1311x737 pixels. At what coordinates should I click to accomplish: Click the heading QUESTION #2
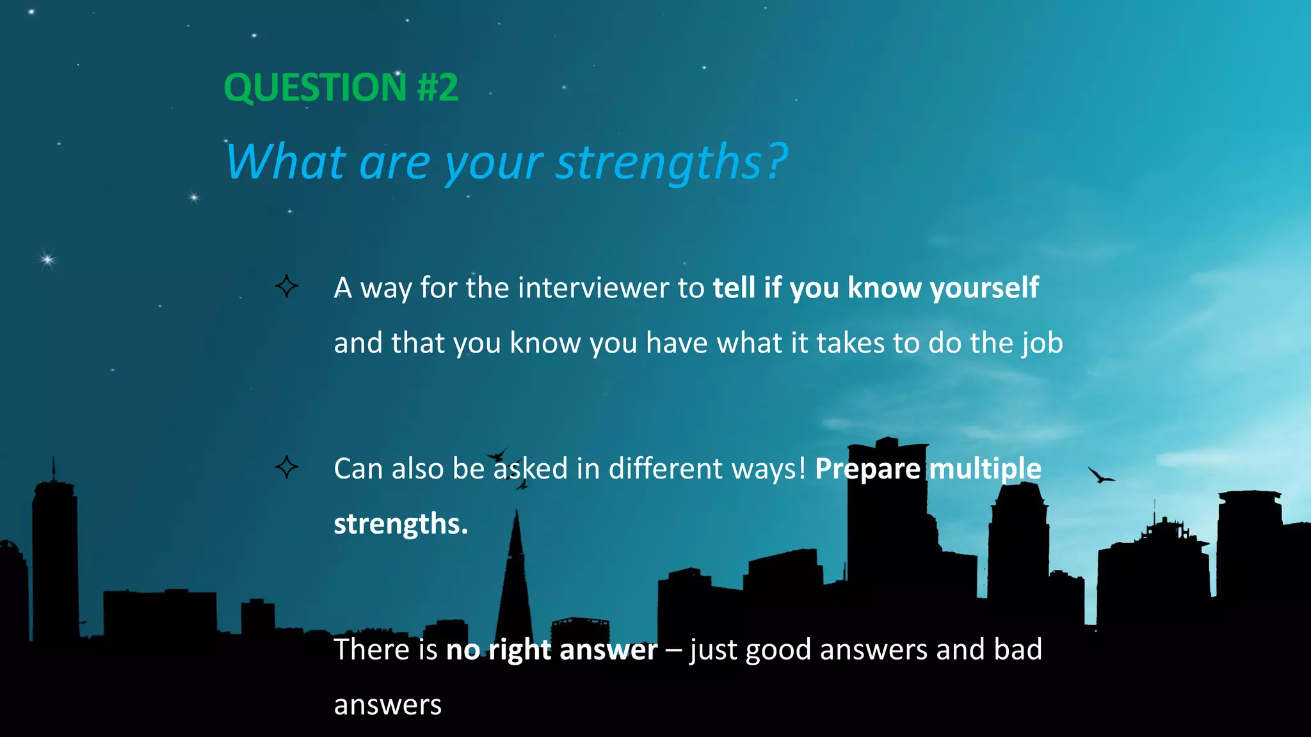point(341,88)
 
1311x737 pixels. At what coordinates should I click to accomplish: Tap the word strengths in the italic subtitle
point(659,162)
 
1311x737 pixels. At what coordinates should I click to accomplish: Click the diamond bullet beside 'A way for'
point(286,286)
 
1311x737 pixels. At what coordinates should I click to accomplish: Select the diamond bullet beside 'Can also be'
point(286,467)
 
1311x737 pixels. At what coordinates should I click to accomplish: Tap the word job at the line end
point(1042,344)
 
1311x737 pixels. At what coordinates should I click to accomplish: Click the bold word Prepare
point(867,469)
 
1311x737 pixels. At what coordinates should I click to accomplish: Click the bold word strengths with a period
point(401,524)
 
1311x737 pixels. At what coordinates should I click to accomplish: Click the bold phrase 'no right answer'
point(551,650)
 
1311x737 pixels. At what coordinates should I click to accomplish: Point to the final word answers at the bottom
point(387,705)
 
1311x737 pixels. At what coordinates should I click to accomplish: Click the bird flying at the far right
point(1100,475)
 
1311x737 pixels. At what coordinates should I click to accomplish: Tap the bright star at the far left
point(47,259)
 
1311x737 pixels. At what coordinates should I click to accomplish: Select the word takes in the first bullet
point(850,344)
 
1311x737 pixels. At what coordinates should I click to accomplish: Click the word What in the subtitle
point(286,162)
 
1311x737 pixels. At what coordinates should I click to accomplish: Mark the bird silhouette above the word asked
point(497,455)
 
